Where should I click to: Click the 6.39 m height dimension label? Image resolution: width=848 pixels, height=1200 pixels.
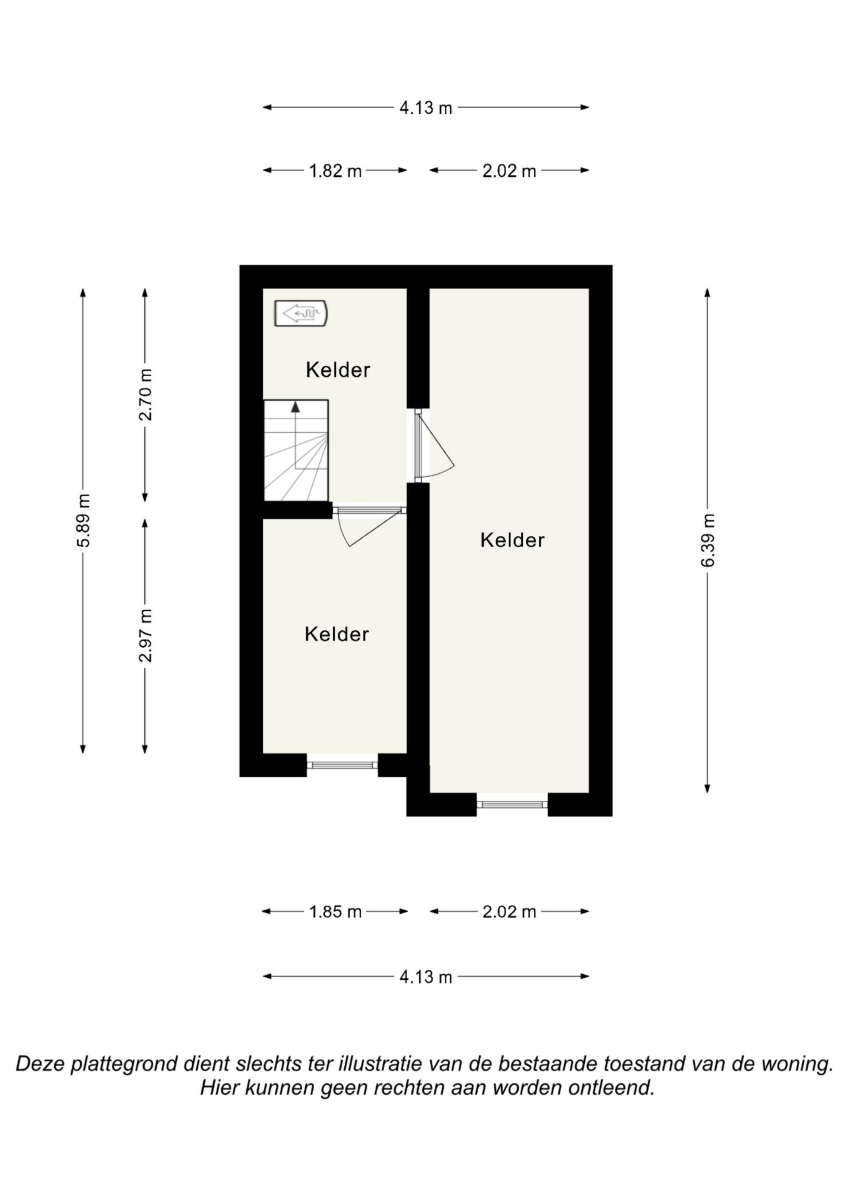tap(709, 540)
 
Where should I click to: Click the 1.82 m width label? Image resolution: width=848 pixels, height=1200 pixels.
tap(335, 171)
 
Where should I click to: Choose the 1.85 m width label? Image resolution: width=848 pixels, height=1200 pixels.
tap(335, 912)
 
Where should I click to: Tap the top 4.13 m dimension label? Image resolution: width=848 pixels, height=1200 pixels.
tap(426, 108)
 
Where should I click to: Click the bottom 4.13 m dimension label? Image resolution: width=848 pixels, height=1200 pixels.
tap(426, 977)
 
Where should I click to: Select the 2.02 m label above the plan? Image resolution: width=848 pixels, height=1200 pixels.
tap(509, 171)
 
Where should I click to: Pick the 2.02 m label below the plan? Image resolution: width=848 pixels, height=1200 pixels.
tap(509, 912)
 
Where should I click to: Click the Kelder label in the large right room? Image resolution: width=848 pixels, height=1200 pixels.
tap(512, 540)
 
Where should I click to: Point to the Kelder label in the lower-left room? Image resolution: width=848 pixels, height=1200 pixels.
tap(337, 635)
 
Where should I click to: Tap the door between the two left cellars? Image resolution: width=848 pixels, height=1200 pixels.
tap(369, 525)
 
